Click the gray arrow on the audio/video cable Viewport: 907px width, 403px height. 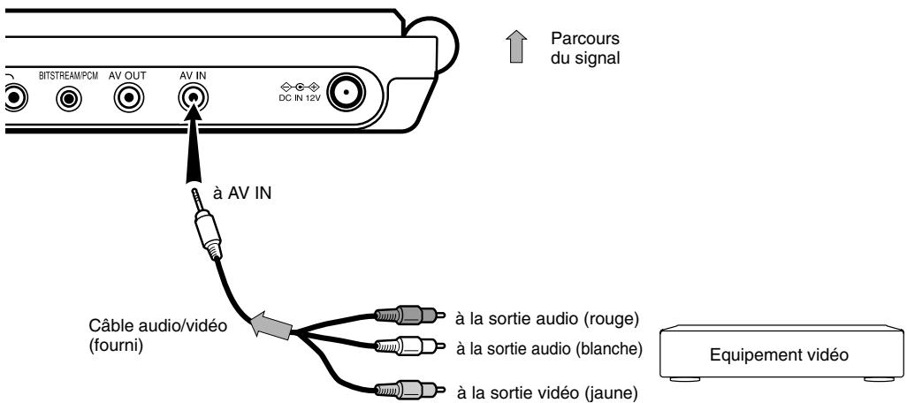[x=270, y=327]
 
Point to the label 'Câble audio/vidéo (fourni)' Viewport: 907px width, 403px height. [x=151, y=334]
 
